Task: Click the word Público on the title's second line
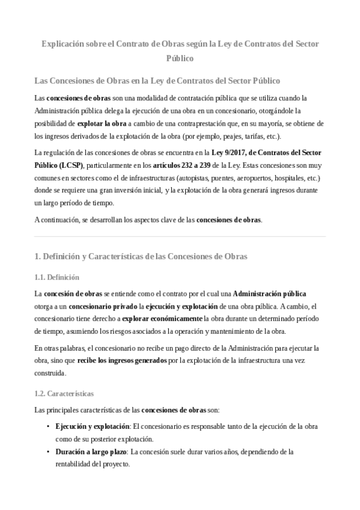[180, 58]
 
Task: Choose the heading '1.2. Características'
[64, 393]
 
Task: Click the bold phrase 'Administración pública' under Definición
[270, 293]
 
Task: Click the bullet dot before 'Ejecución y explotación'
[48, 426]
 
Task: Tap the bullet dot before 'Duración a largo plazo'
[48, 452]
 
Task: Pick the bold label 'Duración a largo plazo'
[91, 452]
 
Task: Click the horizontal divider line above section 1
[180, 236]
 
